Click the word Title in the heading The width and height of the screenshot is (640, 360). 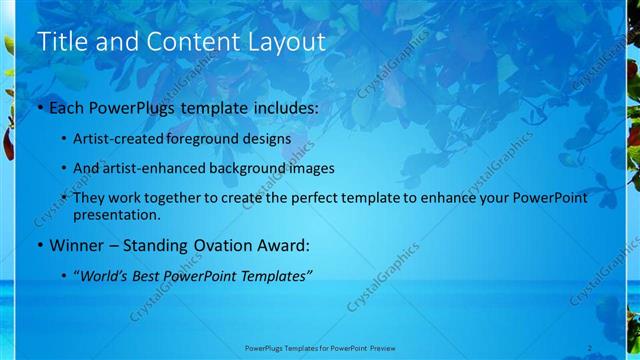pyautogui.click(x=60, y=42)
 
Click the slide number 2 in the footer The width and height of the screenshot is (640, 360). pyautogui.click(x=590, y=347)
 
